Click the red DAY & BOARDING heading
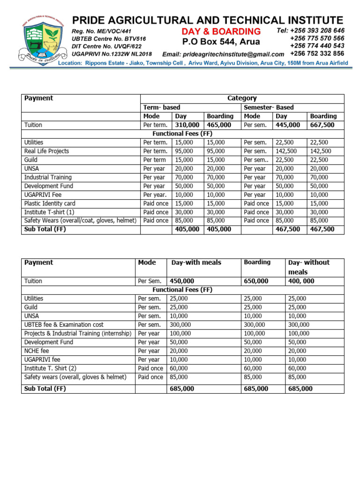[x=221, y=31]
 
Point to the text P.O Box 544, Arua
[x=221, y=42]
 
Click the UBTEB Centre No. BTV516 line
[x=109, y=39]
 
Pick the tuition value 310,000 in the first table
[x=187, y=125]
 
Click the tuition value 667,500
[x=322, y=125]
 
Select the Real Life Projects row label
[x=46, y=151]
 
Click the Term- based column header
[x=162, y=107]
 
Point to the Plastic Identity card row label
[x=50, y=203]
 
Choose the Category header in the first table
[x=242, y=98]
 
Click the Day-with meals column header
[x=196, y=263]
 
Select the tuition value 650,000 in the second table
[x=256, y=281]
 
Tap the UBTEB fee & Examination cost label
[x=64, y=324]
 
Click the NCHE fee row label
[x=37, y=351]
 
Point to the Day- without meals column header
[x=309, y=267]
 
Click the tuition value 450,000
[x=182, y=281]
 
